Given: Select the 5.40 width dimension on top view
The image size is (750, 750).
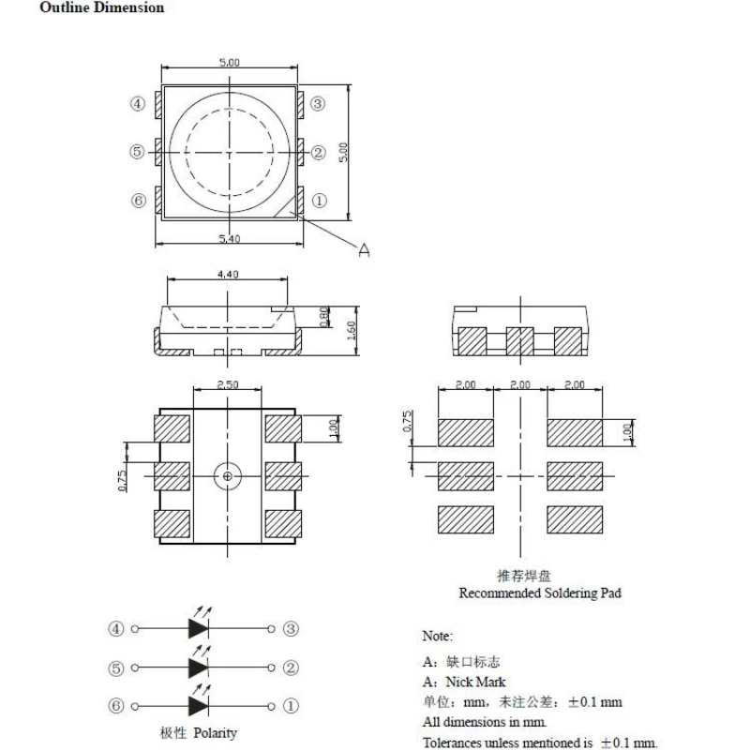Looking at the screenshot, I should (x=230, y=240).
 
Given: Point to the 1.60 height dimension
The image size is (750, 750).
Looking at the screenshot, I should (x=349, y=330).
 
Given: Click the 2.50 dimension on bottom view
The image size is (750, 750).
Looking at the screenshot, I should (x=228, y=385).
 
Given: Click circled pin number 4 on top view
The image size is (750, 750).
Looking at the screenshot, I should (x=138, y=104).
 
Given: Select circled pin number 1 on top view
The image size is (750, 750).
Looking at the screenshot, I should (x=318, y=201).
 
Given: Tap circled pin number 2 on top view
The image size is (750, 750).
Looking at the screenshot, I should (x=318, y=152).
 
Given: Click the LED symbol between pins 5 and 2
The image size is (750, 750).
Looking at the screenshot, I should (x=199, y=667).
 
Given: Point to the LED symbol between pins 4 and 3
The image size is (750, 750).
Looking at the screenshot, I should (x=199, y=629).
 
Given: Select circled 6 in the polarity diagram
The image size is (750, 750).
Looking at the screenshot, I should (x=115, y=706).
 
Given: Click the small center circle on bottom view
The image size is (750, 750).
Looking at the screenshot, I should (x=228, y=476).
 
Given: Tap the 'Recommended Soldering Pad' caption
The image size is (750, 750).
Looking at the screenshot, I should (x=539, y=593).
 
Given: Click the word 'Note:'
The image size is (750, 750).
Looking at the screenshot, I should (x=438, y=637).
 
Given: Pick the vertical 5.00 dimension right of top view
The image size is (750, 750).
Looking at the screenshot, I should (x=344, y=152).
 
